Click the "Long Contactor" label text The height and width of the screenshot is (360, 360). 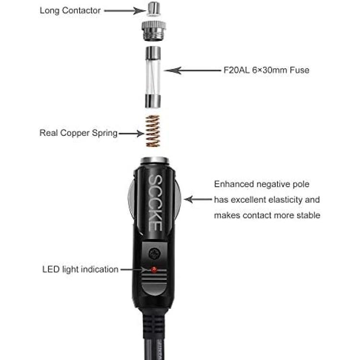click(x=70, y=11)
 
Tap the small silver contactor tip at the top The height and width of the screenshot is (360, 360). click(x=154, y=9)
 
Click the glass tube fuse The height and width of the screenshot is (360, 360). click(x=153, y=77)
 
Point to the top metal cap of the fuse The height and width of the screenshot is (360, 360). click(x=153, y=53)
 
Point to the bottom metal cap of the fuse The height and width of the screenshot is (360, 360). click(x=153, y=101)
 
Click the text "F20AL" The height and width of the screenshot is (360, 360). click(x=237, y=70)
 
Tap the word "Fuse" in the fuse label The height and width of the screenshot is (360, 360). click(x=300, y=70)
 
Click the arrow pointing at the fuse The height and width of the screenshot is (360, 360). click(x=192, y=71)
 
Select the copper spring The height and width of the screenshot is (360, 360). click(x=153, y=131)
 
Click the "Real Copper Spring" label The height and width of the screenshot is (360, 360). click(x=78, y=133)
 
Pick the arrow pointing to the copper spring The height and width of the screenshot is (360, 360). click(x=132, y=133)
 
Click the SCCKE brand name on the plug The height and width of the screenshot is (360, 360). click(x=156, y=203)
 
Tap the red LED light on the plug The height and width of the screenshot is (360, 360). click(x=154, y=269)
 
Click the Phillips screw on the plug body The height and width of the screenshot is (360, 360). click(x=155, y=254)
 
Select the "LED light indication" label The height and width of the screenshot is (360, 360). click(x=80, y=269)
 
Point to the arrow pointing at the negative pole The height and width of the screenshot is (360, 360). click(x=198, y=199)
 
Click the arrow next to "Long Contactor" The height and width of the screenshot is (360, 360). click(x=125, y=11)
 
